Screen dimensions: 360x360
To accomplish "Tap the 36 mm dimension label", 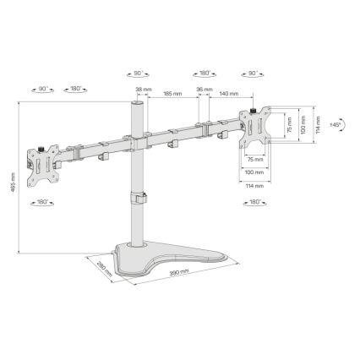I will tap(203, 90).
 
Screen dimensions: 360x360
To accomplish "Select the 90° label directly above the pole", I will tap(139, 74).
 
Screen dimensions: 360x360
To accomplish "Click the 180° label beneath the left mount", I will tap(43, 202).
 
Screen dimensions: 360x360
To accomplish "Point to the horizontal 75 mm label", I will tap(254, 158).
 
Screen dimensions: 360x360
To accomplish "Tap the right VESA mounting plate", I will tap(259, 127).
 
